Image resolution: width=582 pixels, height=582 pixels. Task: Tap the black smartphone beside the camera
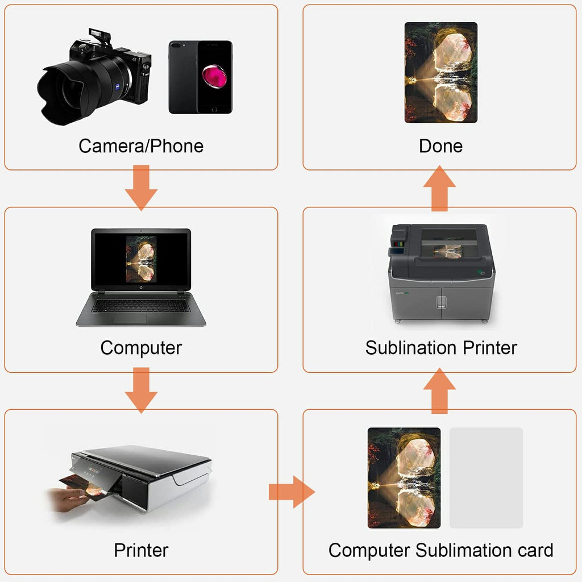(201, 77)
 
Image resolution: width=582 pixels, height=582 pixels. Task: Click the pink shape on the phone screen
(214, 76)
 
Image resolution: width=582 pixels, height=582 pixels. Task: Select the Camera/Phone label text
(141, 146)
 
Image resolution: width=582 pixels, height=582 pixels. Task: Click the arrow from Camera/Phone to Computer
(141, 188)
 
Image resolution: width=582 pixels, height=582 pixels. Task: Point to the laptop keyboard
(141, 305)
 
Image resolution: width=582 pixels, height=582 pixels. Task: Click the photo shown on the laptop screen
(141, 259)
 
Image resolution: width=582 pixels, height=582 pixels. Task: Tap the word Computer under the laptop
(141, 348)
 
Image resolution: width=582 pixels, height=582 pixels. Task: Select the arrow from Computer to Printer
(141, 390)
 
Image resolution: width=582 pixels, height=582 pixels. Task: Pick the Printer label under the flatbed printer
(141, 550)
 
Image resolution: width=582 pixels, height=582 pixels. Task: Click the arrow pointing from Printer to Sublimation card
(292, 492)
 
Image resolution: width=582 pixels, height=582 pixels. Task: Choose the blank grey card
(487, 477)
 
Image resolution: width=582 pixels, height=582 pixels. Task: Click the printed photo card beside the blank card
(404, 477)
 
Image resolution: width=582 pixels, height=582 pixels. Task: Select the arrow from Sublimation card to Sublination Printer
(439, 391)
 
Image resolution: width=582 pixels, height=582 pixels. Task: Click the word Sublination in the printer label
(411, 348)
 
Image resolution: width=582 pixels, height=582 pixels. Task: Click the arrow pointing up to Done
(439, 188)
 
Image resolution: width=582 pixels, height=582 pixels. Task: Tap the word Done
(441, 146)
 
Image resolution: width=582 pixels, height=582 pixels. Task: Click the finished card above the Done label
(441, 72)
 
